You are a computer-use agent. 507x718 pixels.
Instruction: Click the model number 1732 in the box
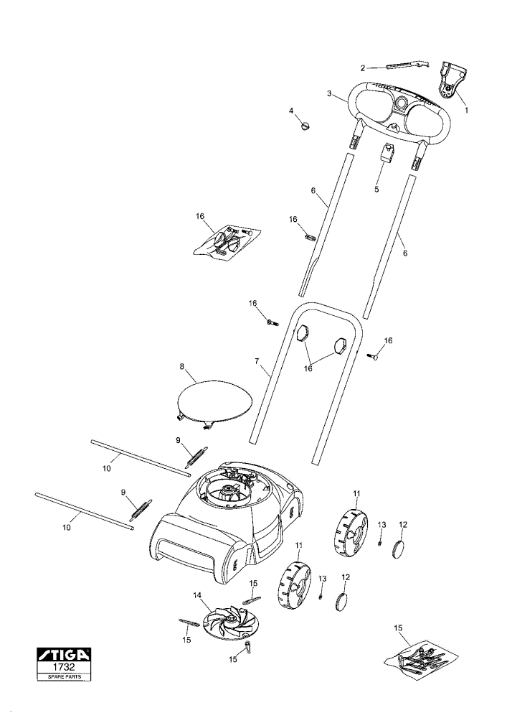coord(64,667)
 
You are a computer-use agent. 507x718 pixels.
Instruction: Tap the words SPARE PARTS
coord(64,676)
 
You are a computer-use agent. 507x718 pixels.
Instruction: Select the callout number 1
coord(466,111)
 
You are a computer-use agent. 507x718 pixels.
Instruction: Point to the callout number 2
coord(363,68)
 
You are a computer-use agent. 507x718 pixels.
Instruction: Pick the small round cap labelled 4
coord(305,124)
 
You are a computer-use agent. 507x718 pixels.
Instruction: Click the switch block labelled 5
coord(387,155)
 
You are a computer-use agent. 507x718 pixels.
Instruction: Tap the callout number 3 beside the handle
coord(329,93)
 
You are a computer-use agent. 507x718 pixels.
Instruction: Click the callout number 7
coord(257,361)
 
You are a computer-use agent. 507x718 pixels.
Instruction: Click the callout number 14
coord(197,595)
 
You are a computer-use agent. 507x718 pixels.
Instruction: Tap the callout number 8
coord(182,366)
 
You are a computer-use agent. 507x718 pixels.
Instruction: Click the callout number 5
coord(376,189)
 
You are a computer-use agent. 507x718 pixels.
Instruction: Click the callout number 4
coord(290,111)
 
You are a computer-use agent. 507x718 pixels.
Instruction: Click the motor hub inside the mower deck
coord(227,494)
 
